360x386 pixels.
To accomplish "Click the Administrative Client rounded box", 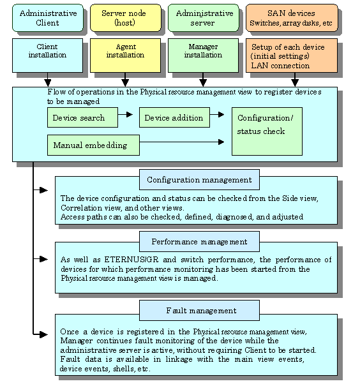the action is [48, 18].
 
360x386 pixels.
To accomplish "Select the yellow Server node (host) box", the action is [126, 18].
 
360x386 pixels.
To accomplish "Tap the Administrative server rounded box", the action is [204, 18].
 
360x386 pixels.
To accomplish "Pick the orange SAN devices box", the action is [292, 18].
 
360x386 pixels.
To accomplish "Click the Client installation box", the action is [47, 56].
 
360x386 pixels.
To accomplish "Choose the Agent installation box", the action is [125, 56].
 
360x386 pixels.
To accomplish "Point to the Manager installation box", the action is [203, 56].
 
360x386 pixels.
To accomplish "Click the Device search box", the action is [82, 117].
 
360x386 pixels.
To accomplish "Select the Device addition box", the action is [175, 117].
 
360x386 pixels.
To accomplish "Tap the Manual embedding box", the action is [93, 145].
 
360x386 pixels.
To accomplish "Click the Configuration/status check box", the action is [267, 131].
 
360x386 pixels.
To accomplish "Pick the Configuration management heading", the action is [199, 179].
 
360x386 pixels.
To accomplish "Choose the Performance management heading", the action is [199, 242].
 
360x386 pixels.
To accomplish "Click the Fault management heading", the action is [199, 311].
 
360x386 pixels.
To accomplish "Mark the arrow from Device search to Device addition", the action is [125, 114].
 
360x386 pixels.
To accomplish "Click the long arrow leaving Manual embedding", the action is [182, 142].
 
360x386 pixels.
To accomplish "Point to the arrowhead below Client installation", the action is [47, 83].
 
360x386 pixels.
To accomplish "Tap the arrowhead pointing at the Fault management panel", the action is [43, 334].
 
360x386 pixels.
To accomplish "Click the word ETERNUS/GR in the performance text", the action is [131, 260].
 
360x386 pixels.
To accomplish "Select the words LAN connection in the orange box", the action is [280, 66].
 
